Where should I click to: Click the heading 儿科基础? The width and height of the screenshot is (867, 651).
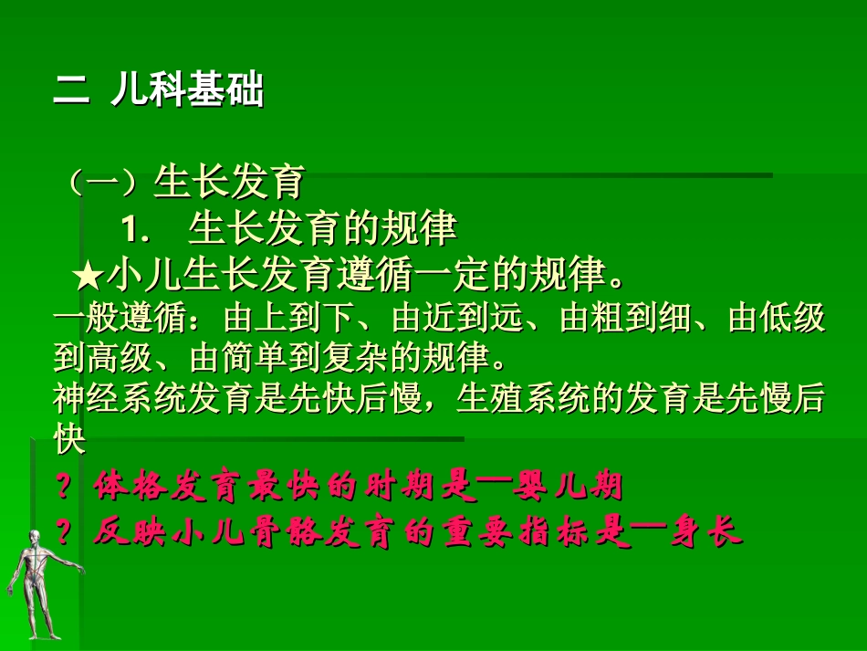tap(187, 92)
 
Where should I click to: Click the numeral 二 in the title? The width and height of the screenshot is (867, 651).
tap(71, 92)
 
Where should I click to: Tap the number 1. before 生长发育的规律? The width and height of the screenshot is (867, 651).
tap(136, 230)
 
